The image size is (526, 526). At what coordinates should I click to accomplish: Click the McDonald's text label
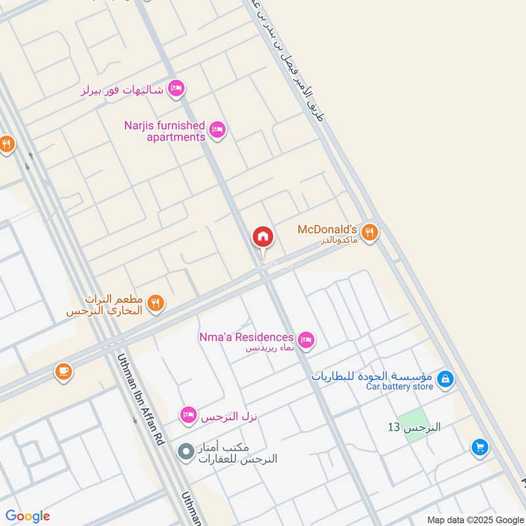click(x=327, y=229)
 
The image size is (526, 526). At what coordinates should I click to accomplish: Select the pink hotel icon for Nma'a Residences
click(x=306, y=340)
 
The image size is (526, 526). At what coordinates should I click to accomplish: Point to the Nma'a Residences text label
click(x=247, y=337)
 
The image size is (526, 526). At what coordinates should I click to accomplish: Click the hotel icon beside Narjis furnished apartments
click(x=218, y=130)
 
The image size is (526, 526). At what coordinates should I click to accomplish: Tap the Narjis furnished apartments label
click(x=166, y=131)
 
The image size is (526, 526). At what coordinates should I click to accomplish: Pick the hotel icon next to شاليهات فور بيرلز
click(x=176, y=88)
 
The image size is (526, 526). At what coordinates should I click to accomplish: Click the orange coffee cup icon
click(x=63, y=371)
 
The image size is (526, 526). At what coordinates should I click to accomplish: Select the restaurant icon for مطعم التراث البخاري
click(x=156, y=302)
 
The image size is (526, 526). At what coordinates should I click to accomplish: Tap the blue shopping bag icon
click(x=446, y=379)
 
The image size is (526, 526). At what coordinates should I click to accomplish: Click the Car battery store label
click(x=400, y=387)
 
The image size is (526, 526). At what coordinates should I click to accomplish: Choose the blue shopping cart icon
click(x=480, y=448)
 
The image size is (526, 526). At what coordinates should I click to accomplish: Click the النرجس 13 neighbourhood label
click(x=414, y=427)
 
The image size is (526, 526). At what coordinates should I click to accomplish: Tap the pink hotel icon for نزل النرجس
click(x=188, y=415)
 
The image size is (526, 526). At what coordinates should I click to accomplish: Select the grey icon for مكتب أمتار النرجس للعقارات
click(x=186, y=452)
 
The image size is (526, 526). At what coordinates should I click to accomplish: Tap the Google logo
click(x=28, y=516)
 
